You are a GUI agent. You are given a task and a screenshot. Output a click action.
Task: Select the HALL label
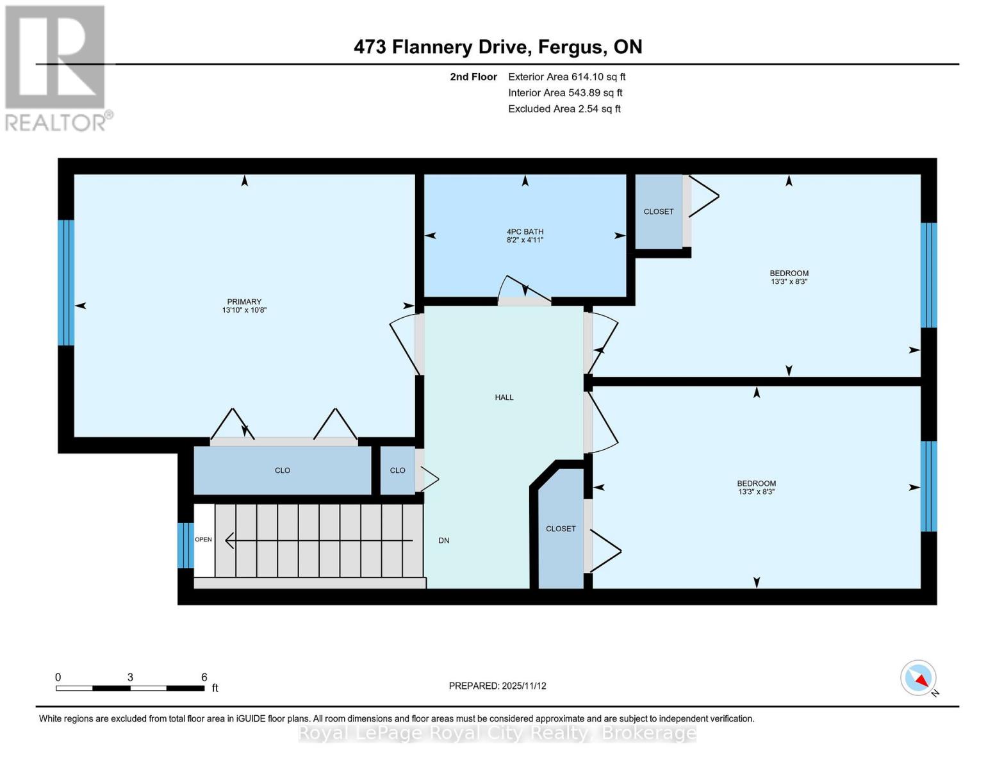(x=504, y=397)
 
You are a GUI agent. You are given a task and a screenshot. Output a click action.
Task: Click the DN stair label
(x=443, y=540)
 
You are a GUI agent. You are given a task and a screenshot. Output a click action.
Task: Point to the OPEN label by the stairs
(x=203, y=540)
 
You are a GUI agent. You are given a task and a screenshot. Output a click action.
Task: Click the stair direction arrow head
(x=229, y=541)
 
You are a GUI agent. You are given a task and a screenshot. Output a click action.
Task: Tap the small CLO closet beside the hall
(x=397, y=470)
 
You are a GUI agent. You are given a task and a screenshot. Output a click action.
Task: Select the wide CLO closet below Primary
(x=283, y=470)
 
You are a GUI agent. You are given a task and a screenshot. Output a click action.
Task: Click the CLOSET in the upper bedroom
(x=659, y=211)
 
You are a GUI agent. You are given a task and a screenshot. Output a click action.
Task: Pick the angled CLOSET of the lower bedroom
(x=561, y=529)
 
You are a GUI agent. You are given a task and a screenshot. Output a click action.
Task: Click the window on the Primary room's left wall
(x=66, y=283)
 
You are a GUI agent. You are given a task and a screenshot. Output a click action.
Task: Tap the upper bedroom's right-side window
(x=928, y=275)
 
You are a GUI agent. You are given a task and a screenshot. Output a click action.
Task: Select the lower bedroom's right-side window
(x=928, y=486)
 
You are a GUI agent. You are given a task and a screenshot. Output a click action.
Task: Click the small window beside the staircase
(x=185, y=545)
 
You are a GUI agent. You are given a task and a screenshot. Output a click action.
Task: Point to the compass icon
(x=919, y=678)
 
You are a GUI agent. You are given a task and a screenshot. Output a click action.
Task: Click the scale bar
(x=130, y=688)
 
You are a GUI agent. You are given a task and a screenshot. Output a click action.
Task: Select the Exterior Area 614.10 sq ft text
(x=566, y=77)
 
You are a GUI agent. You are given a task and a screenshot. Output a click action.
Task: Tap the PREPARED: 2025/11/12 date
(x=497, y=686)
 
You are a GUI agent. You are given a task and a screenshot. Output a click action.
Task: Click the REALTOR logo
(x=56, y=67)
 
